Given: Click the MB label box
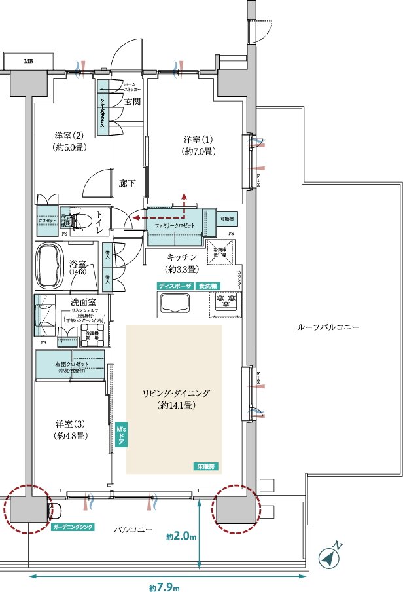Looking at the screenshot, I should point(29,62).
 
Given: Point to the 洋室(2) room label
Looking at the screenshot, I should point(71,141).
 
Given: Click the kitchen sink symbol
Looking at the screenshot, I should point(174,303).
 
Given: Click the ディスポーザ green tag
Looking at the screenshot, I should point(175,286).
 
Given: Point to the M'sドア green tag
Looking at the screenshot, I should point(120,435).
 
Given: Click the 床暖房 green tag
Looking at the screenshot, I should point(207,466).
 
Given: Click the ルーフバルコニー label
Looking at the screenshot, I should point(327,326).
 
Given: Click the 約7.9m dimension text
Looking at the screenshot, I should point(164,586).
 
